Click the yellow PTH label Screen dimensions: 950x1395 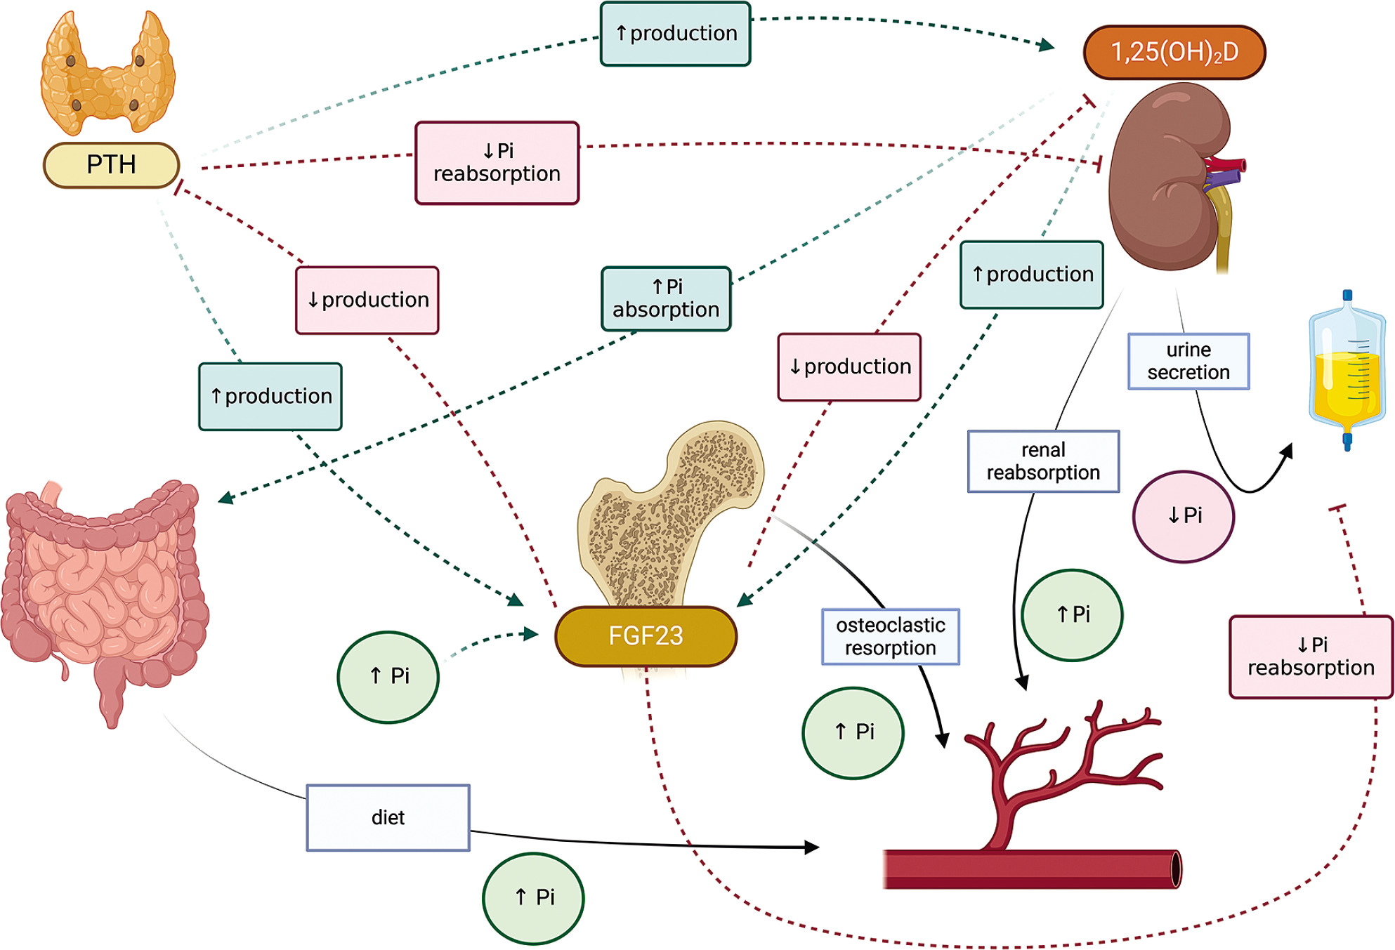pos(111,165)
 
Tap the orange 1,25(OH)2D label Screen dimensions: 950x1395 pos(1174,52)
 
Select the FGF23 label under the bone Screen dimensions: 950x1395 pos(646,635)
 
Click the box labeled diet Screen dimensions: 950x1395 pos(388,817)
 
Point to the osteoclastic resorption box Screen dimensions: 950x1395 pos(890,636)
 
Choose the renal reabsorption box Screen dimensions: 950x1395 pos(1043,461)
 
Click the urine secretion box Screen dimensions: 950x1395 pos(1188,361)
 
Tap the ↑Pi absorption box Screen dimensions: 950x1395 pos(666,298)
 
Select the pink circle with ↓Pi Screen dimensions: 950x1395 pos(1184,516)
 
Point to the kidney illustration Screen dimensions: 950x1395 pos(1170,176)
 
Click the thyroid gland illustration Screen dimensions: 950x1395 pos(107,74)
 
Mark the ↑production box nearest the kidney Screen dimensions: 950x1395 pos(1032,275)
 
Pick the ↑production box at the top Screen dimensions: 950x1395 pos(676,34)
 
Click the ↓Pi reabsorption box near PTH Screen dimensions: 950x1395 pos(497,163)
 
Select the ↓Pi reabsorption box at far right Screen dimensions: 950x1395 pos(1311,657)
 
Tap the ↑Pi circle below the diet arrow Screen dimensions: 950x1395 pos(533,897)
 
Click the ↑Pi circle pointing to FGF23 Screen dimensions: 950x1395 pos(388,676)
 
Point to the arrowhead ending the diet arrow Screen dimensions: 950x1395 pos(813,847)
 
